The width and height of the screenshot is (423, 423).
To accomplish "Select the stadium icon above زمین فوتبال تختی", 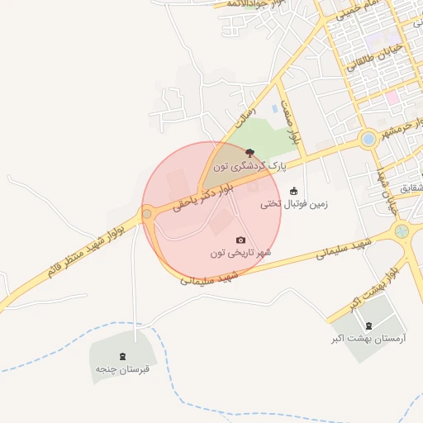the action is (293, 191).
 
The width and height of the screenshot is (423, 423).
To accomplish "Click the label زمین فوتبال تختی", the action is (294, 204).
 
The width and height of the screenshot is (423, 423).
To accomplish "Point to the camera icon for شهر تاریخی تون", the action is (241, 240).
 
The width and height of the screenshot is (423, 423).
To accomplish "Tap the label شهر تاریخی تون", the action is (240, 253).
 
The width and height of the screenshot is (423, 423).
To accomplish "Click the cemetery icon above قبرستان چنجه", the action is (122, 356).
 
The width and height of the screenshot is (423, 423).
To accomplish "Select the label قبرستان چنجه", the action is (122, 368).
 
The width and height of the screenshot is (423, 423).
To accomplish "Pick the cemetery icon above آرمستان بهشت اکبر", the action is (368, 326).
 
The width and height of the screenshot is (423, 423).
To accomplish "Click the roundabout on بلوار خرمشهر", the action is (368, 140).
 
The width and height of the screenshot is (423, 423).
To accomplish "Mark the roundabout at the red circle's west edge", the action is (147, 215).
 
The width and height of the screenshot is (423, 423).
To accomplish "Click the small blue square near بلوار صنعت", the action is (274, 108).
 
